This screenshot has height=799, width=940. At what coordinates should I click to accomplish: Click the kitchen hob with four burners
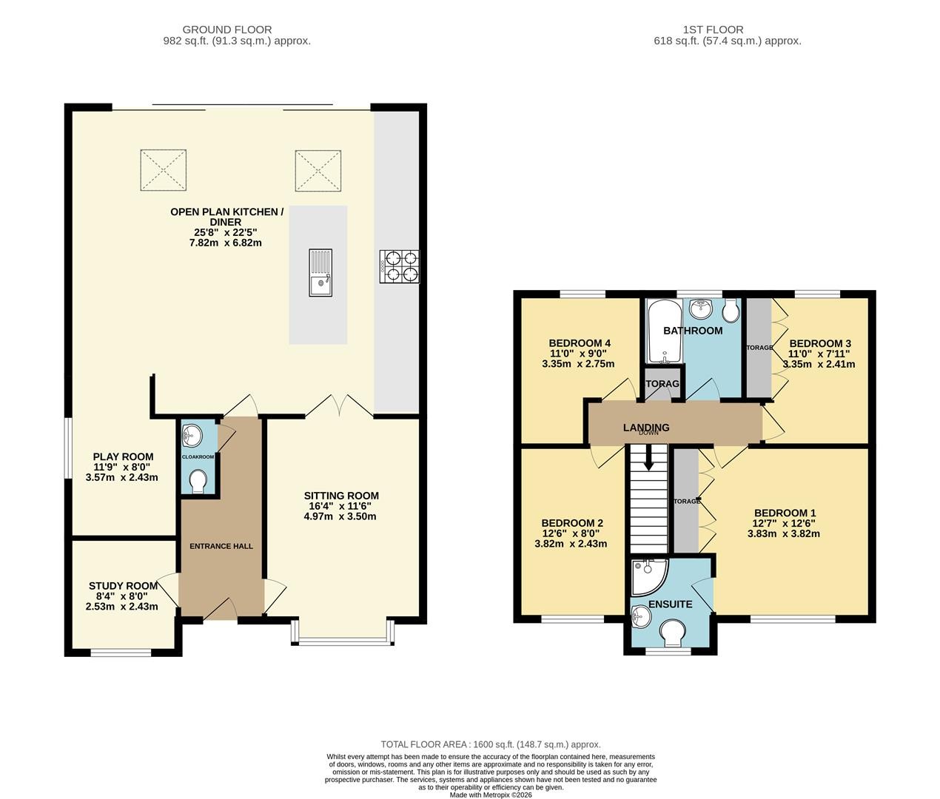point(399,267)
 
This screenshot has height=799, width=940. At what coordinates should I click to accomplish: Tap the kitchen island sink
point(320,272)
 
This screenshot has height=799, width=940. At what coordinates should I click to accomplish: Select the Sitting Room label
point(341,496)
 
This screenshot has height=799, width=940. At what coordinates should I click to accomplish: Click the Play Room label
point(124,456)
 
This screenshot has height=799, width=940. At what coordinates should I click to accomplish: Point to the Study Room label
point(124,586)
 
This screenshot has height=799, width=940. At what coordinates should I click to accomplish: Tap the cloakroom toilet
point(198,482)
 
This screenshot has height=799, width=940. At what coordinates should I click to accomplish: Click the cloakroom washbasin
point(192,436)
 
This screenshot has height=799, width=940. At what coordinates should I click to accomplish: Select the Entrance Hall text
point(221,546)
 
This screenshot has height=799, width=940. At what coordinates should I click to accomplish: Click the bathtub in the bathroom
point(665,331)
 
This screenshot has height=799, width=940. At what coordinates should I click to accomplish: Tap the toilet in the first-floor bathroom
point(731,310)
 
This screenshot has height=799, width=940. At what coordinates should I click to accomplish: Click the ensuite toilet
point(673,633)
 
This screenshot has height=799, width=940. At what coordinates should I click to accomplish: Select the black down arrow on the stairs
point(648,457)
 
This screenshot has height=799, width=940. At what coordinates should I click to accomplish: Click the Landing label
point(645,427)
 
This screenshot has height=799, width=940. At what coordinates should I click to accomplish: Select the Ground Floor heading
point(227,30)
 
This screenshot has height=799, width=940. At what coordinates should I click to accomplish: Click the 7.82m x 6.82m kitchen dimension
point(226,243)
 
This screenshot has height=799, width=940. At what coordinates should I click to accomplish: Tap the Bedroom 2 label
point(572,523)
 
